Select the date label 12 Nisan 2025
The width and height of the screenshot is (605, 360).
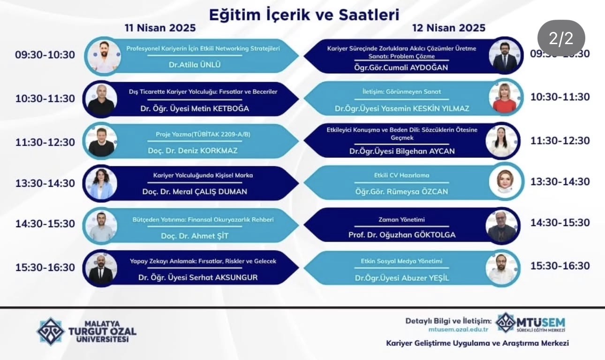point(449,28)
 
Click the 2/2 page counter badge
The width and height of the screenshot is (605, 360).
point(561,38)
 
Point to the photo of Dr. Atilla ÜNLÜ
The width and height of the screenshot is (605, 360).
point(103,56)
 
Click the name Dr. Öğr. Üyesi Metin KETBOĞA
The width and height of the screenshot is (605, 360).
point(195,108)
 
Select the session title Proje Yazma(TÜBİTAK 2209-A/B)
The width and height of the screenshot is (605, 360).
point(203,134)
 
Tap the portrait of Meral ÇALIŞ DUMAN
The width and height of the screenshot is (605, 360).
point(100,184)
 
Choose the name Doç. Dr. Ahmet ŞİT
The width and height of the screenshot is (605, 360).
point(195,236)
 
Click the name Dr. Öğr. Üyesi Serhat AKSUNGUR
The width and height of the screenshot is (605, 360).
point(198,277)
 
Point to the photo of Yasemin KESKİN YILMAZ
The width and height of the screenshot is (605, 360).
point(505,98)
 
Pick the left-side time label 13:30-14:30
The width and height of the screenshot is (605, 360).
point(45,183)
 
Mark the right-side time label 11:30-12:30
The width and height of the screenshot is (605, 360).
point(560,140)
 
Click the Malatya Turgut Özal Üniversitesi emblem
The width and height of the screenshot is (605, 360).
point(50,331)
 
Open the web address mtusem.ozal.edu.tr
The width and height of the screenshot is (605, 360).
point(449,330)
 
